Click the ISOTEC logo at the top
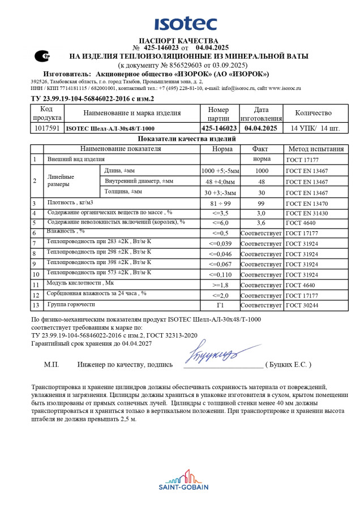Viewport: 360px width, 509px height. point(185,24)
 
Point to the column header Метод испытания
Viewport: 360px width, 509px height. point(315,149)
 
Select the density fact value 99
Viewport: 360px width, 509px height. point(261,203)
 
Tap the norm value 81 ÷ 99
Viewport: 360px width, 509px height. point(220,203)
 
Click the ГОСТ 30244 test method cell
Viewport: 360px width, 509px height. point(302,305)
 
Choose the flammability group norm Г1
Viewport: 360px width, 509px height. point(220,305)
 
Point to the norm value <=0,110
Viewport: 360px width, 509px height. point(220,274)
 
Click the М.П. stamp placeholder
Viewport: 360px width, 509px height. point(52,365)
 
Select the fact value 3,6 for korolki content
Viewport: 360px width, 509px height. point(261,223)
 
